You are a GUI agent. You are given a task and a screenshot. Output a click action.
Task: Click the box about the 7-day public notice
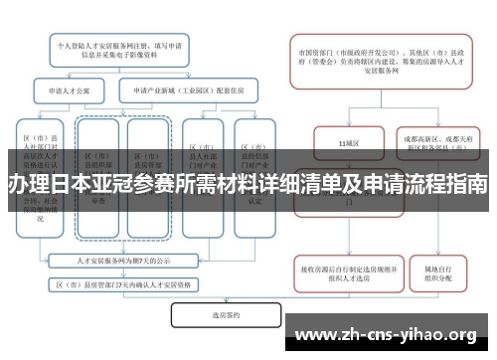point(126,261)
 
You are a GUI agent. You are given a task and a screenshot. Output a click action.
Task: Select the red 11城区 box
point(348,143)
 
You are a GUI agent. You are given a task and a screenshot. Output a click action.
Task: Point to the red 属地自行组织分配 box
point(438,274)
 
